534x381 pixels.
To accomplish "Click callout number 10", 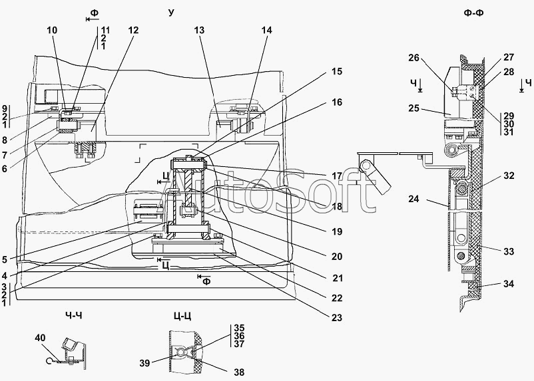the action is point(52,31).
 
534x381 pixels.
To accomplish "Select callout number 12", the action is point(133,31).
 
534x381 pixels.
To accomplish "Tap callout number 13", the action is point(199,31).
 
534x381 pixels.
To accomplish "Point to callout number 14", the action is point(266,31).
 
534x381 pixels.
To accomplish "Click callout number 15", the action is point(336,72).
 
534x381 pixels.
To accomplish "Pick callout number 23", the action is point(336,318).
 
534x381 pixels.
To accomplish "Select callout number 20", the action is point(336,257).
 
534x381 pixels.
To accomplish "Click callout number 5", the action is point(4,260).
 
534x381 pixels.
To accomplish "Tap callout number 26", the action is point(413,58).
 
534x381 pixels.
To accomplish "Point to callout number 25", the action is point(413,109).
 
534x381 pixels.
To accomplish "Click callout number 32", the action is point(509,176).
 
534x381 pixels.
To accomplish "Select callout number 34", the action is point(509,284).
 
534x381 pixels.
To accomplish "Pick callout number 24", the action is point(413,199).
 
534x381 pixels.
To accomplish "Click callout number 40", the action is point(40,338).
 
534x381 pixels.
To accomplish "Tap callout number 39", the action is point(144,363).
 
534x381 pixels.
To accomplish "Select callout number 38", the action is point(239,372).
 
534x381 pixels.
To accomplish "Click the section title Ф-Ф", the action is point(473,13).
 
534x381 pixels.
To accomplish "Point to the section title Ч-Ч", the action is point(73,316).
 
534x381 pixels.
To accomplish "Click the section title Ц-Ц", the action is point(182,317).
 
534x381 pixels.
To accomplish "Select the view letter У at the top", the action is point(171,13).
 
